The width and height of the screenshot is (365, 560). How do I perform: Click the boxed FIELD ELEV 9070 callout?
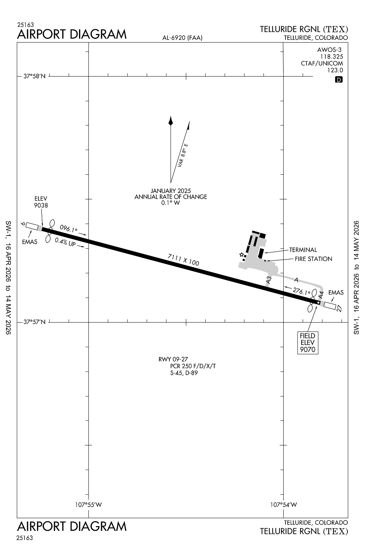click(x=308, y=343)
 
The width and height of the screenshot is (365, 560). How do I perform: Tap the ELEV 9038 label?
click(x=41, y=202)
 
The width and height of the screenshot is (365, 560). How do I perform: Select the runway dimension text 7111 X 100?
click(x=183, y=260)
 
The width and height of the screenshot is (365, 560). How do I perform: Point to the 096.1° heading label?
click(x=69, y=228)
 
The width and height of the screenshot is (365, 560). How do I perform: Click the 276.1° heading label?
click(x=302, y=291)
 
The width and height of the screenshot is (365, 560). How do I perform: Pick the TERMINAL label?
click(x=303, y=250)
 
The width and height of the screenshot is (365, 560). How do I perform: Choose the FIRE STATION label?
click(x=313, y=259)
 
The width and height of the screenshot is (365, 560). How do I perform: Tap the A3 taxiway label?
click(x=268, y=280)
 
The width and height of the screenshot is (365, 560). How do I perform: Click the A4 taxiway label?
click(x=321, y=295)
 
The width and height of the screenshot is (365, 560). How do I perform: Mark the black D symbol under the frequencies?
click(x=339, y=80)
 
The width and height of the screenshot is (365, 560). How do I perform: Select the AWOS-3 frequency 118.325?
click(x=331, y=57)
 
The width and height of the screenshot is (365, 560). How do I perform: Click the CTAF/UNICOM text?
click(x=322, y=63)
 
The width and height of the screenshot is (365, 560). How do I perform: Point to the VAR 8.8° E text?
click(x=183, y=155)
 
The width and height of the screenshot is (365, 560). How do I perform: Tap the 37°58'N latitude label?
click(x=34, y=76)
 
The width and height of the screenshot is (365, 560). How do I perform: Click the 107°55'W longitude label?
click(x=88, y=504)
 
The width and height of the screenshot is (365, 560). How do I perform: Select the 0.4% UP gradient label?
click(x=65, y=242)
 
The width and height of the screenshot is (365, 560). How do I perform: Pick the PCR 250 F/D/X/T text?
click(x=193, y=366)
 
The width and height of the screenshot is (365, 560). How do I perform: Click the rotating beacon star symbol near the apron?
click(x=241, y=255)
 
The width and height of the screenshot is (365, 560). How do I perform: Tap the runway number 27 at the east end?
click(x=339, y=308)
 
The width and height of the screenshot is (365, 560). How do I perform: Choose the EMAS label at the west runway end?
click(x=30, y=242)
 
